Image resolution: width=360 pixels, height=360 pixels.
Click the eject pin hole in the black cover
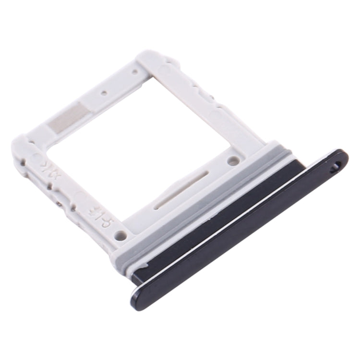click(x=336, y=166)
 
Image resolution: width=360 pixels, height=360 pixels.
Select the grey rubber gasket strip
click(x=202, y=211)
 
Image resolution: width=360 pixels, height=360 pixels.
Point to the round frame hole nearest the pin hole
click(x=233, y=161)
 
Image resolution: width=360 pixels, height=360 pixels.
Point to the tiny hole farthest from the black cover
click(x=135, y=72)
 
